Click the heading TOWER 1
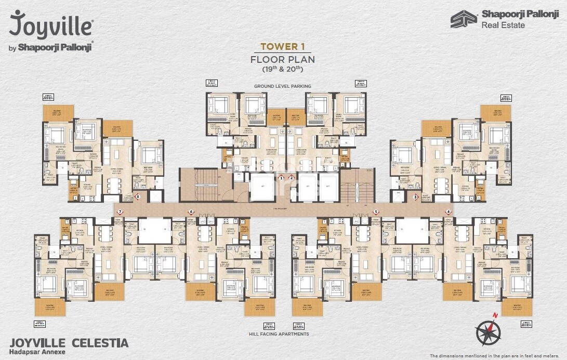[x=283, y=46]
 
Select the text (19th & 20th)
[x=283, y=69]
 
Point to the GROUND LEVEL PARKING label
[x=283, y=86]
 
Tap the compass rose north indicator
[x=489, y=328]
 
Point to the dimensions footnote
[x=497, y=356]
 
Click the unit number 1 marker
[x=281, y=178]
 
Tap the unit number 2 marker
[x=292, y=178]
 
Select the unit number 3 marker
[x=415, y=197]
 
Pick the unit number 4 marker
[x=448, y=212]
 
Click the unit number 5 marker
[x=375, y=212]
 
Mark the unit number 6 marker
[x=191, y=212]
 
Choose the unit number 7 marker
[x=120, y=212]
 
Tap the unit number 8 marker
[x=138, y=197]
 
